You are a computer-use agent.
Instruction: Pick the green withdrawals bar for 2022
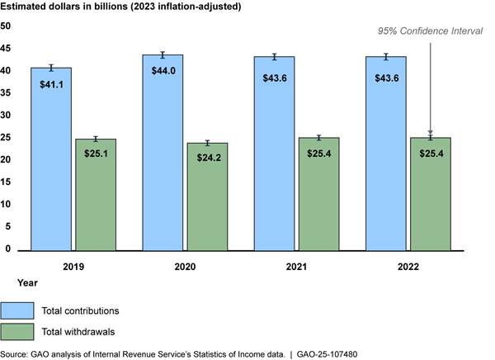coord(430,198)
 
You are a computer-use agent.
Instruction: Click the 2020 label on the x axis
coord(186,267)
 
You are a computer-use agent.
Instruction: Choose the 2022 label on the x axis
coord(408,267)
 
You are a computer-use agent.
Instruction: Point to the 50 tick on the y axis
coord(6,26)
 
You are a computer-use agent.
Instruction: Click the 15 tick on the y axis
coord(6,182)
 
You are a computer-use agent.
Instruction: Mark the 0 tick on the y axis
coord(7,249)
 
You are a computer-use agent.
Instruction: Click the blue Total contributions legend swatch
coord(16,310)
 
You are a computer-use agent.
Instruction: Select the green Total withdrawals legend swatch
coord(16,332)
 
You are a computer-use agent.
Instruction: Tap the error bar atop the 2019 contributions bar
coord(51,68)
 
